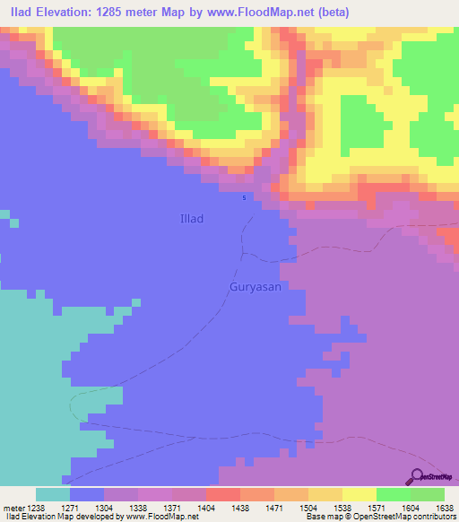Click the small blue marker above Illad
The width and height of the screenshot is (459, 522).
(245, 198)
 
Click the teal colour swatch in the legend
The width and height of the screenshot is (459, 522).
(53, 494)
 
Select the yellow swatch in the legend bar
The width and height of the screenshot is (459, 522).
(359, 494)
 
